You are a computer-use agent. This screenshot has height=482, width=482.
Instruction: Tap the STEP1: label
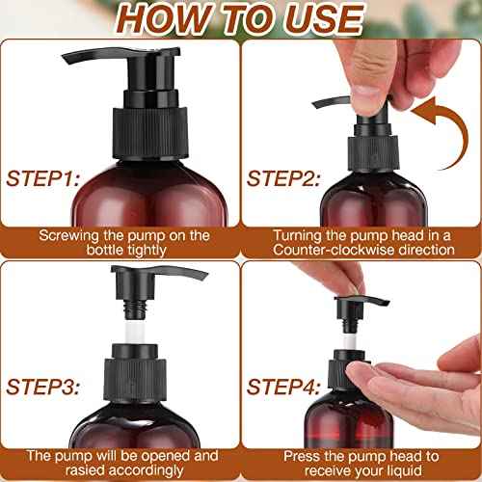tap(45, 178)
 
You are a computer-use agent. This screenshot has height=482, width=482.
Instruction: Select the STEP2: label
tap(284, 178)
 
